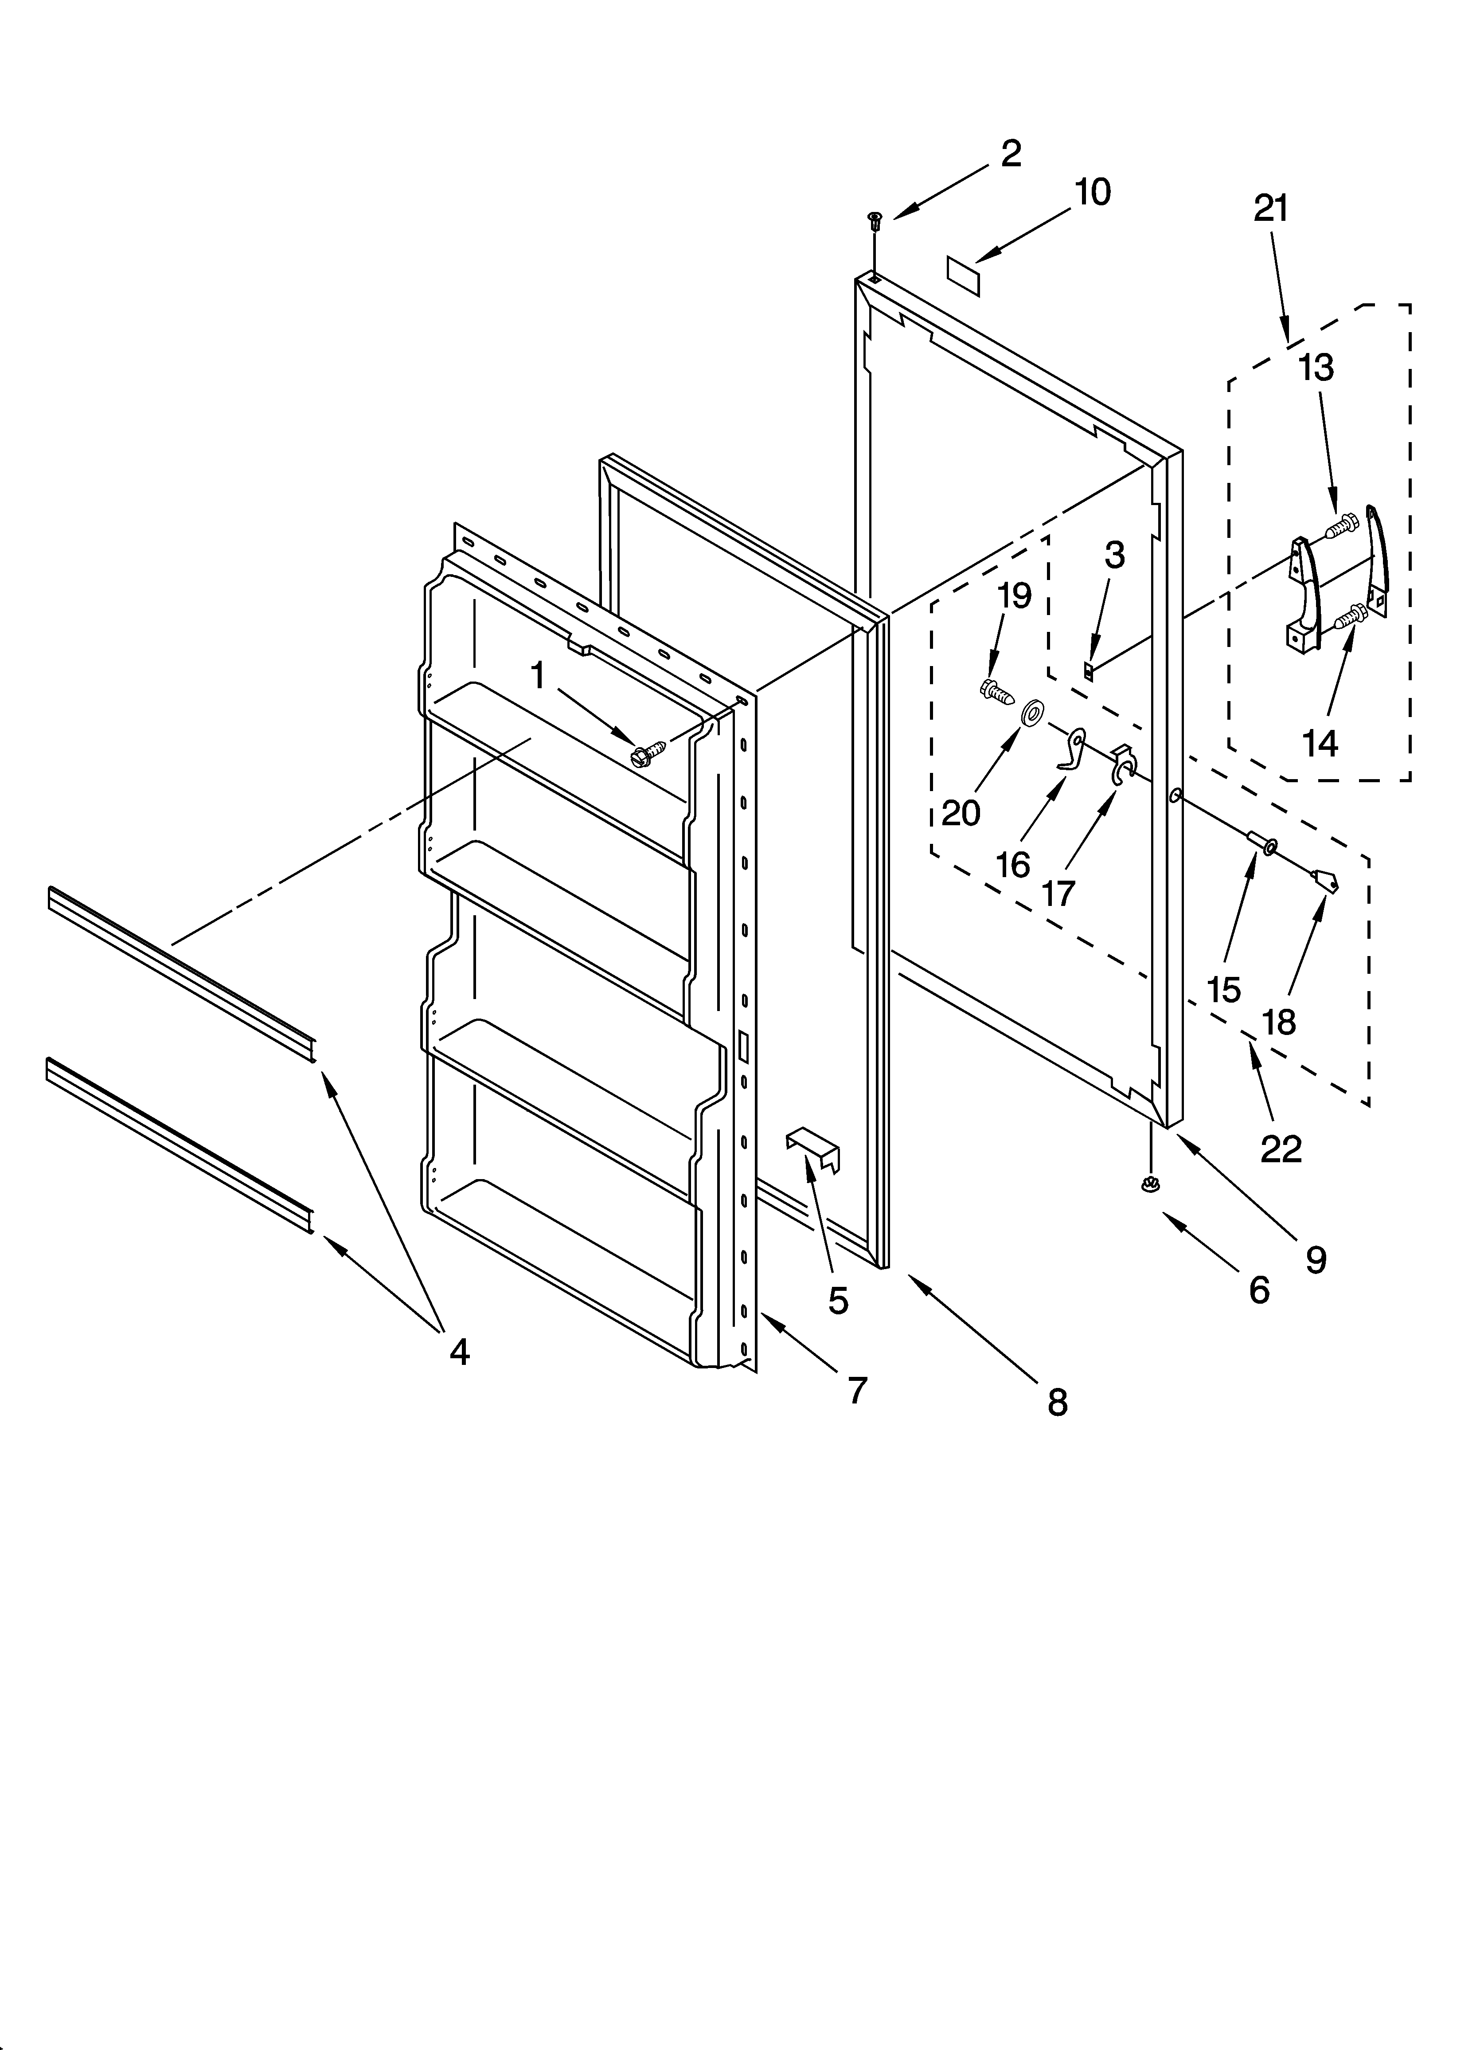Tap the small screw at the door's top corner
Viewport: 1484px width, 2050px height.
(x=874, y=220)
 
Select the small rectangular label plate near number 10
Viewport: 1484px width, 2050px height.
(x=965, y=273)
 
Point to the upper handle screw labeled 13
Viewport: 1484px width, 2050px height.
(x=1344, y=522)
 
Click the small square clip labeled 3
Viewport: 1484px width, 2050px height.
(x=1089, y=670)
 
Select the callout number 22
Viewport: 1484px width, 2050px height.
(x=1281, y=1149)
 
